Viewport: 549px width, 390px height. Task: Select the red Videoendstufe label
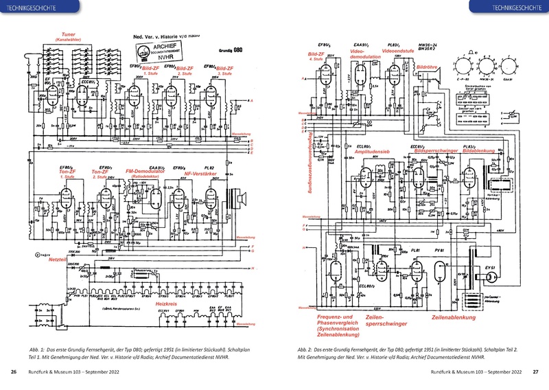[x=397, y=51]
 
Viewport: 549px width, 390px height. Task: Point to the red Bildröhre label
[x=428, y=67]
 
